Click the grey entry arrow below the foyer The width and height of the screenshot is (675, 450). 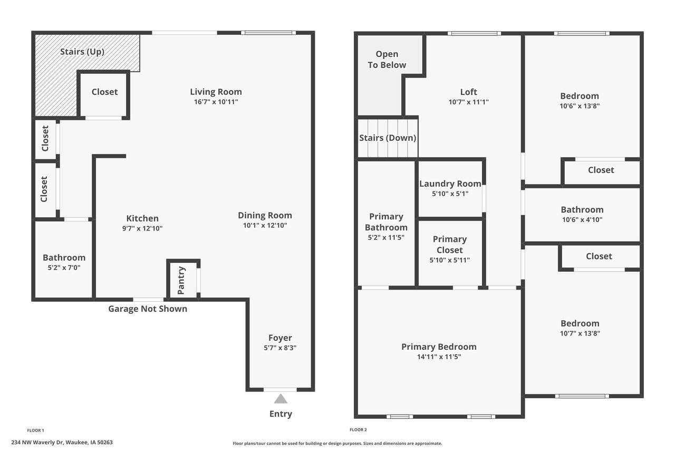(x=281, y=399)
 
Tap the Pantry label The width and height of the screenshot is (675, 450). (x=181, y=280)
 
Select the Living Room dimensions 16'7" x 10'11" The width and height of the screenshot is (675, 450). (x=216, y=102)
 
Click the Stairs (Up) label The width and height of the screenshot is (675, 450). (x=82, y=52)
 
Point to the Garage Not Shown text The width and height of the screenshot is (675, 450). (x=148, y=309)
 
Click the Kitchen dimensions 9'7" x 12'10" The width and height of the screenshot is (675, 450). (x=142, y=228)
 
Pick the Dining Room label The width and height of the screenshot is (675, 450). (x=265, y=215)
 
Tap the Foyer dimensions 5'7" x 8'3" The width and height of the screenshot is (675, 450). (x=280, y=348)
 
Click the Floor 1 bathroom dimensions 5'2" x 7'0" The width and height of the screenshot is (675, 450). (x=64, y=267)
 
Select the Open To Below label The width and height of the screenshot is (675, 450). (x=387, y=60)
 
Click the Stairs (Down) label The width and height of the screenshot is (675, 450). (x=388, y=138)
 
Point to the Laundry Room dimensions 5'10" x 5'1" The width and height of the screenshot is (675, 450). (x=450, y=194)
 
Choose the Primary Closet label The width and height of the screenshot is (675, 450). (x=450, y=244)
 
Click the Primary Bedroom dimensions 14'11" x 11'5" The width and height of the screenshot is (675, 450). (x=439, y=357)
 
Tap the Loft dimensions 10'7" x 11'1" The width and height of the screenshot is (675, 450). (x=469, y=102)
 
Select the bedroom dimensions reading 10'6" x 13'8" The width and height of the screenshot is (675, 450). (x=580, y=106)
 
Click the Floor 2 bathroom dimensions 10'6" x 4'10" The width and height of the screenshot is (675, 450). (x=582, y=220)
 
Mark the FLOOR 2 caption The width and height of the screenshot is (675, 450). (x=358, y=430)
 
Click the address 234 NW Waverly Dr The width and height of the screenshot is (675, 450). (x=37, y=443)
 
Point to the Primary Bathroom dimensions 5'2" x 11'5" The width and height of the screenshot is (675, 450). (x=386, y=237)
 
